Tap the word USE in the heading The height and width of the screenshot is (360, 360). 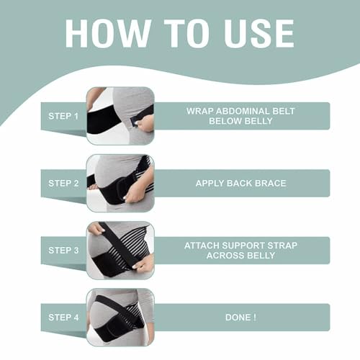[258, 33]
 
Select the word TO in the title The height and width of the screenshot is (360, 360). [187, 33]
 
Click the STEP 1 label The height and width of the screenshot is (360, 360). [63, 116]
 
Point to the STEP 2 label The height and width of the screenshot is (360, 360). [63, 184]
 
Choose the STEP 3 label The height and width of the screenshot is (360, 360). [63, 251]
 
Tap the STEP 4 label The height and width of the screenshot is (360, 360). [63, 318]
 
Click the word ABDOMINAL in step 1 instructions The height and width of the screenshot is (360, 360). [243, 111]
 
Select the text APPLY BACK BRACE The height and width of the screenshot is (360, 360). [240, 184]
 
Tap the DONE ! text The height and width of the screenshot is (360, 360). [240, 318]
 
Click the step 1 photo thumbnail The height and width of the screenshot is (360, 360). [120, 116]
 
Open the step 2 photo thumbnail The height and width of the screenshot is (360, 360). [120, 184]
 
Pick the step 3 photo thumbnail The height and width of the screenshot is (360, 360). [120, 251]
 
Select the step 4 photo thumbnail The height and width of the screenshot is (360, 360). [120, 318]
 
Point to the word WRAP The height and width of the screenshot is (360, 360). [199, 111]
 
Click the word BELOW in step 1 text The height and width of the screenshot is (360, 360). [225, 121]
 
